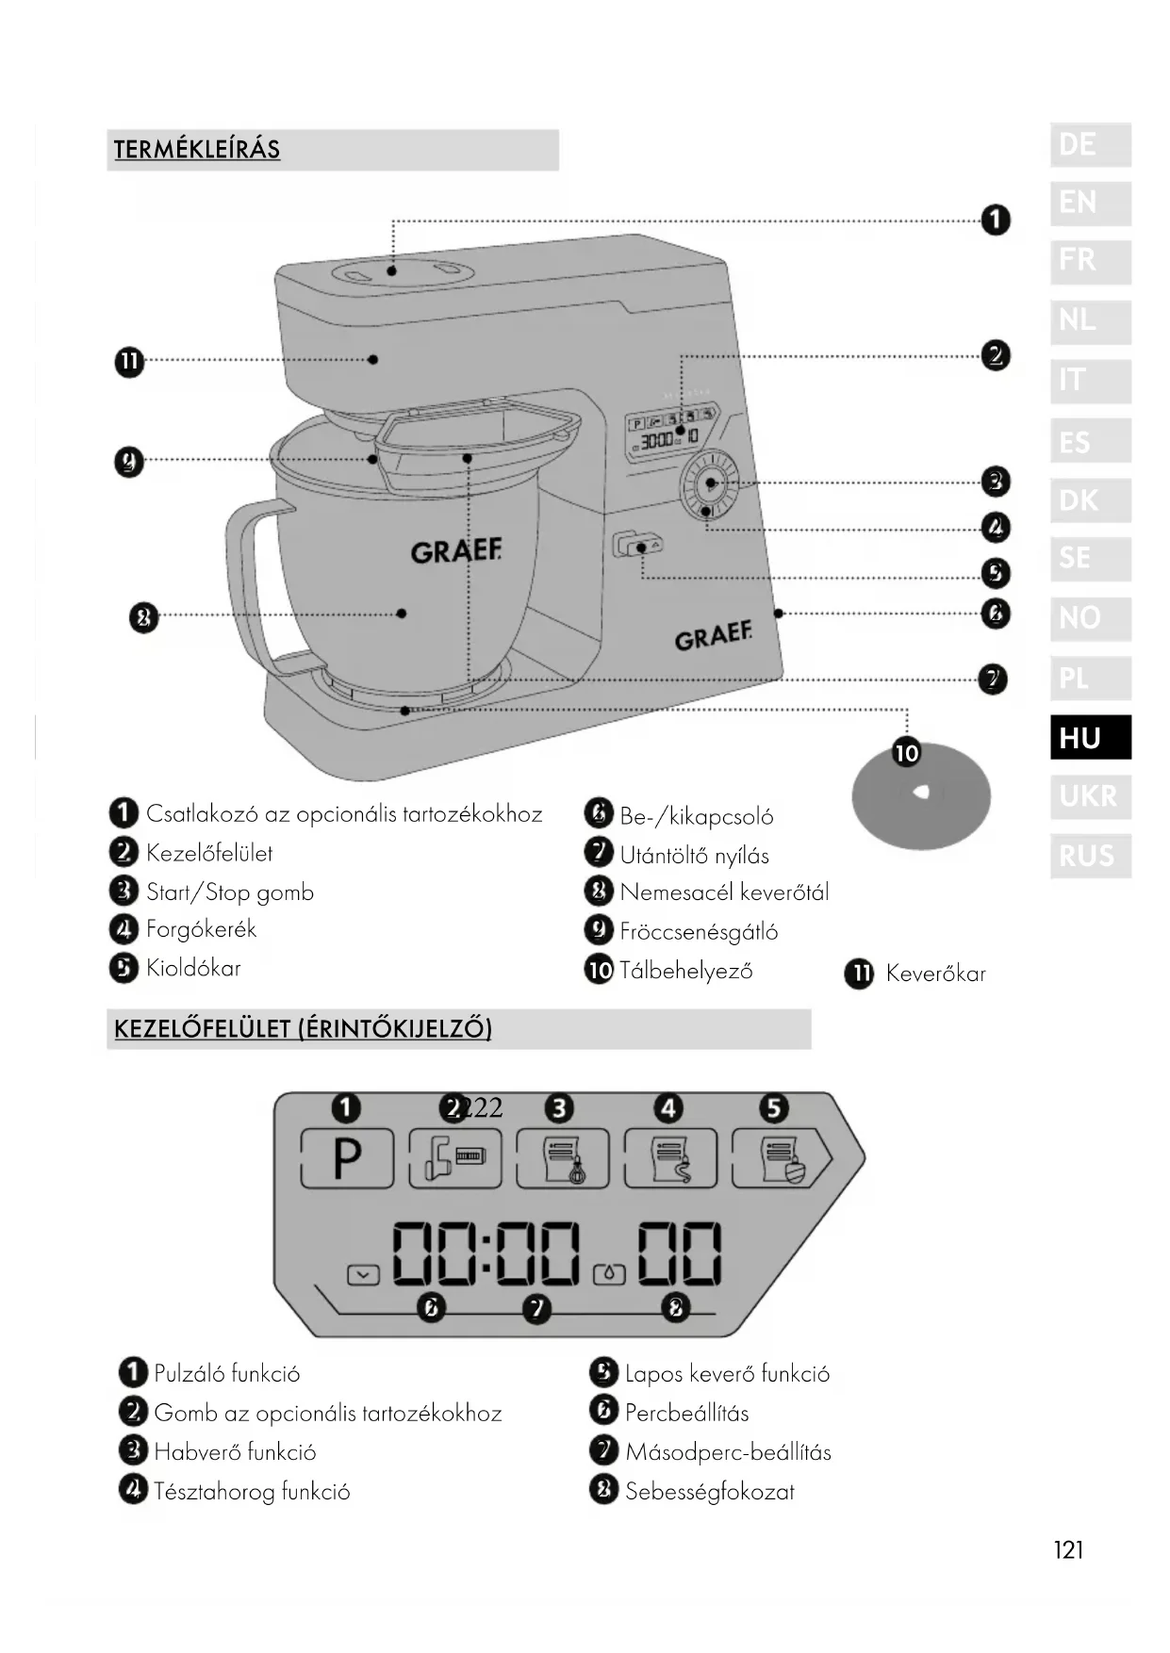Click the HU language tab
click(x=1090, y=737)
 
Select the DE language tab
click(x=1090, y=145)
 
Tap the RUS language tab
click(x=1090, y=856)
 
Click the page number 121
click(x=1068, y=1549)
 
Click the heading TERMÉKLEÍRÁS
click(x=197, y=150)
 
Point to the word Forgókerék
click(x=201, y=929)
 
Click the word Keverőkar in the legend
click(x=935, y=974)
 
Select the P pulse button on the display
click(x=347, y=1157)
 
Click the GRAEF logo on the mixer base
click(x=713, y=637)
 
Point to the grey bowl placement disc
click(x=920, y=794)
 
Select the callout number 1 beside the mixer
click(x=996, y=221)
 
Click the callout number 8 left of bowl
click(x=143, y=618)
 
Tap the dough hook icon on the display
click(x=670, y=1158)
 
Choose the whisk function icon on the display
click(x=563, y=1158)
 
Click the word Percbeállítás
click(x=686, y=1413)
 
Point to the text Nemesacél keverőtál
click(x=724, y=892)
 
